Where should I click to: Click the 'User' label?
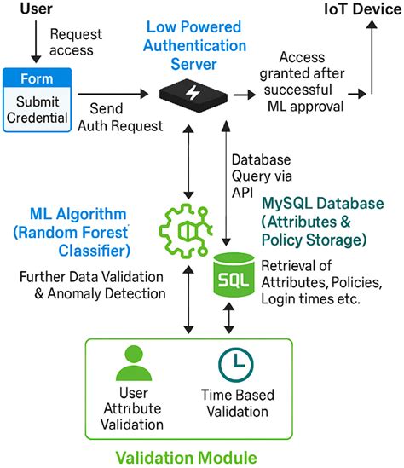[x=24, y=10]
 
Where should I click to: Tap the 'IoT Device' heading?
[x=359, y=10]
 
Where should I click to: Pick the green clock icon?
[x=234, y=364]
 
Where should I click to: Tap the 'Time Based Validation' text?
[x=235, y=405]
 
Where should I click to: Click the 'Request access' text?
[x=76, y=43]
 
